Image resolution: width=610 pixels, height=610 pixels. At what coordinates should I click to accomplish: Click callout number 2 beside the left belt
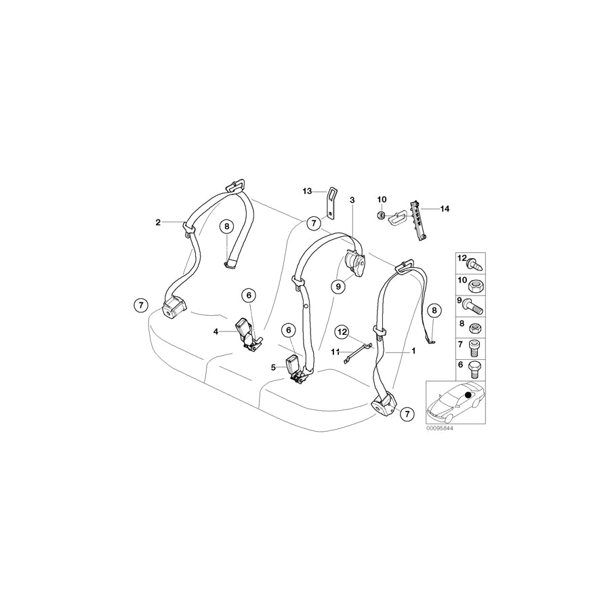[158, 222]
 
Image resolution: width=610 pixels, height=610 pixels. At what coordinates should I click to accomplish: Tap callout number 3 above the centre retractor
[352, 200]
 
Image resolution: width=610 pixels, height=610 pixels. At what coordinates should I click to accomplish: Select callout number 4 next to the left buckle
[216, 331]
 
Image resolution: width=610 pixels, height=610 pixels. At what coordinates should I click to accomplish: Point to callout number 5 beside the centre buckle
[273, 367]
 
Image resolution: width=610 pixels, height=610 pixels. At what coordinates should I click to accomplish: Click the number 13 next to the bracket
[306, 192]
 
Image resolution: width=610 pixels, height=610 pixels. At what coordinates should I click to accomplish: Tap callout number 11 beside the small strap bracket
[335, 351]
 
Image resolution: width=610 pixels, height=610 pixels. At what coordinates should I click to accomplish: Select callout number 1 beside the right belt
[413, 352]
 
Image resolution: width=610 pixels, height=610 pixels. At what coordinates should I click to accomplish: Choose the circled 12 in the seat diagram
[343, 332]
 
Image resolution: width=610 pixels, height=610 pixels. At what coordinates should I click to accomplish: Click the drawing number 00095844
[439, 429]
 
